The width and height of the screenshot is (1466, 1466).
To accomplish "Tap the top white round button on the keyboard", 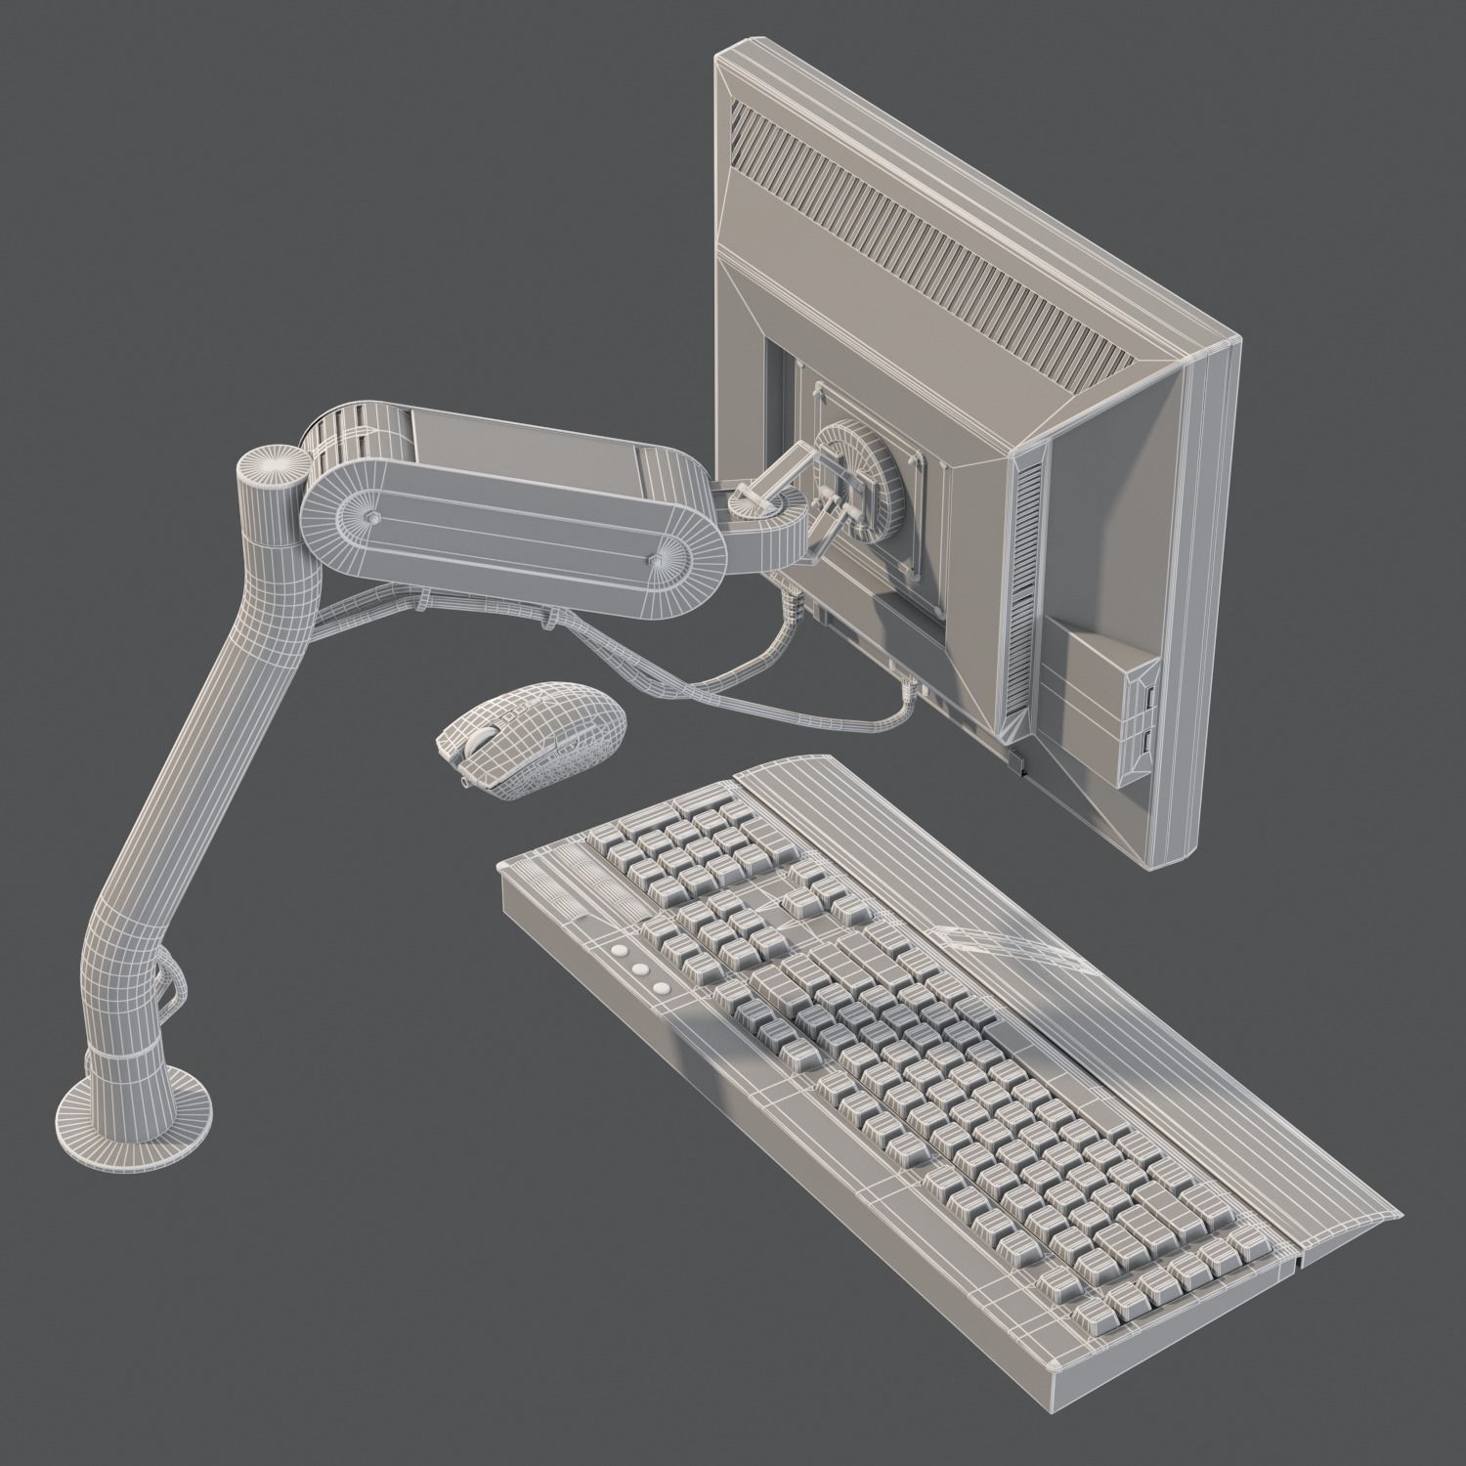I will [619, 949].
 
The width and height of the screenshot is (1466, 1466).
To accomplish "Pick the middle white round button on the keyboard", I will [640, 968].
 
